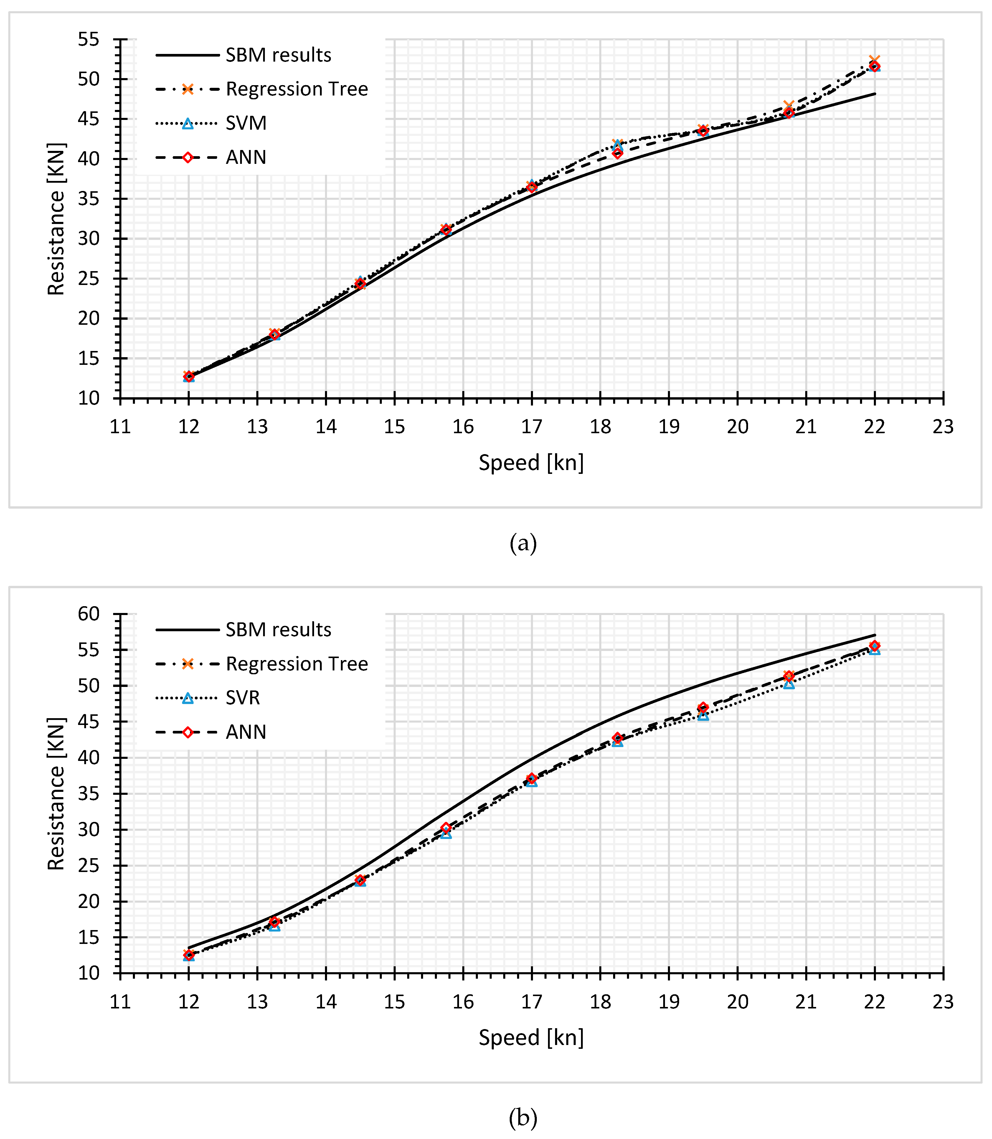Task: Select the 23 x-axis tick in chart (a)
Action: (x=943, y=427)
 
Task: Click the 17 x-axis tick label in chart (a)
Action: (x=532, y=427)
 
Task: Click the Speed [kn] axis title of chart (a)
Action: (x=531, y=462)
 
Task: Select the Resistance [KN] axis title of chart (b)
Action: (x=56, y=794)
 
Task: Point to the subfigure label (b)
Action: (x=523, y=1118)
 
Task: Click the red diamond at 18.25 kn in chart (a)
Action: (x=617, y=153)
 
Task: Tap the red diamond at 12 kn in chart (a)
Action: (x=189, y=377)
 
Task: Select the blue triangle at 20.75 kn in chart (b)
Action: (x=789, y=684)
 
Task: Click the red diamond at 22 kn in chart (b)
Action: (x=874, y=646)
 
